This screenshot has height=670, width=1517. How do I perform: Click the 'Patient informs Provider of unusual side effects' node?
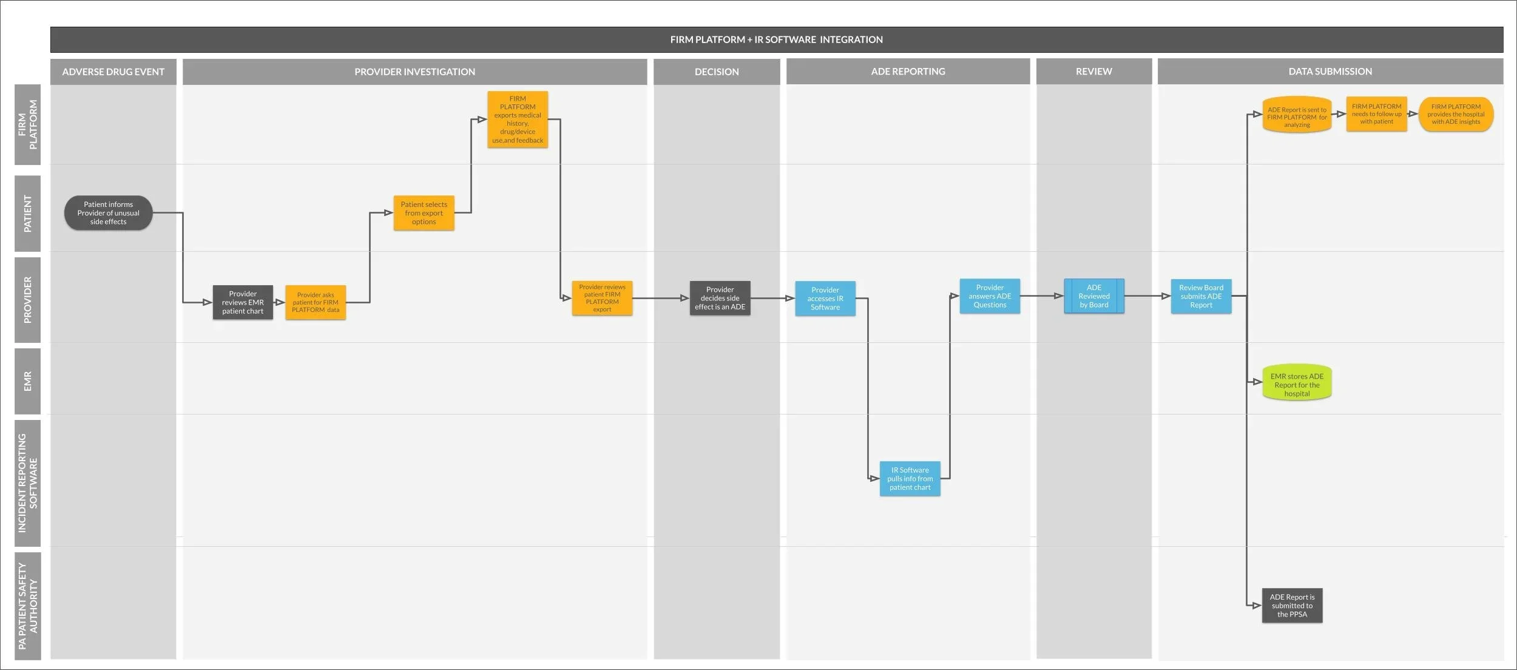[108, 213]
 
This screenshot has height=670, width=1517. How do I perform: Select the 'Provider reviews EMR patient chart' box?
[243, 302]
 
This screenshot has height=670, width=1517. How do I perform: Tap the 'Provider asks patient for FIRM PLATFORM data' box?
[316, 302]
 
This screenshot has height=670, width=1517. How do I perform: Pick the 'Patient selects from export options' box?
[424, 213]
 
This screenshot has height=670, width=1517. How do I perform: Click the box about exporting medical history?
[518, 120]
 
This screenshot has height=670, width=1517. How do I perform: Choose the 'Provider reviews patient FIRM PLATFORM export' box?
[602, 298]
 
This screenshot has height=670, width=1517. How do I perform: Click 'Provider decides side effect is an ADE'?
[720, 298]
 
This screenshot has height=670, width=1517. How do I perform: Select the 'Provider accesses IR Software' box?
[825, 299]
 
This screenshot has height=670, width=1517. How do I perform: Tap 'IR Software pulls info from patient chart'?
[910, 479]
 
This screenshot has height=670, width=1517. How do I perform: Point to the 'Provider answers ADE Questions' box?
[990, 296]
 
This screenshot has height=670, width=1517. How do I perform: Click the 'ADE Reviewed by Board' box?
[1094, 296]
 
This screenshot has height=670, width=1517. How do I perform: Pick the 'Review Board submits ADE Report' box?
[1201, 296]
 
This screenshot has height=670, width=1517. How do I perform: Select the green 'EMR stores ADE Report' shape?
[1297, 382]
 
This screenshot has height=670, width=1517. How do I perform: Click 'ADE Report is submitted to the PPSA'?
[1292, 606]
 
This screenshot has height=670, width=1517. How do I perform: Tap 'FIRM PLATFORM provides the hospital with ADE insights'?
[1456, 114]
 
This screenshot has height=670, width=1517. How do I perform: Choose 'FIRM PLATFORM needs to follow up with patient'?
[1377, 114]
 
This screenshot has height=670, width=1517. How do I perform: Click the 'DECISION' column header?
[717, 72]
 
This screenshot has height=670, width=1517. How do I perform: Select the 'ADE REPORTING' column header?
[908, 72]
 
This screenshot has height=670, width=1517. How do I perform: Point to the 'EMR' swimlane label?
[27, 382]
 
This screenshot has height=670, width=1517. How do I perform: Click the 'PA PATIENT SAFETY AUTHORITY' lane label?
[27, 606]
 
